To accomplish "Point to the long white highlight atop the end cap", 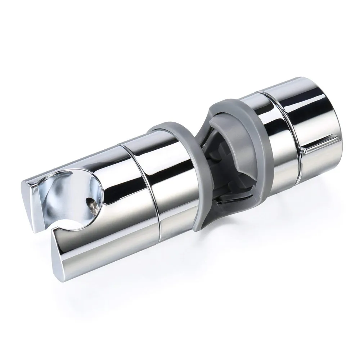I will (x=306, y=94).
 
